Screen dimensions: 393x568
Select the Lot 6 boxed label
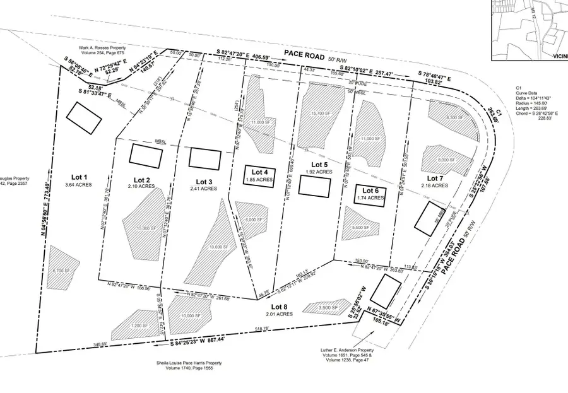370,190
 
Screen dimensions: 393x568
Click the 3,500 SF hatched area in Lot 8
326,307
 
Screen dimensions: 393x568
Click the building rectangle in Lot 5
314,186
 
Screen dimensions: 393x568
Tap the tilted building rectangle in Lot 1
82,117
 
